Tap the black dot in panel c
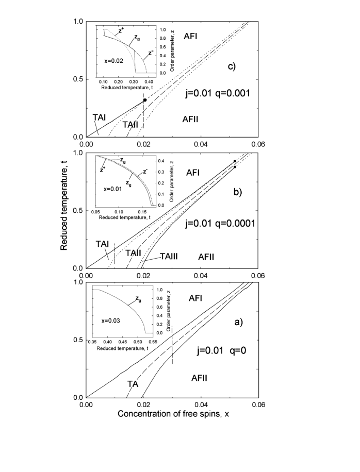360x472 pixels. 145,100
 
